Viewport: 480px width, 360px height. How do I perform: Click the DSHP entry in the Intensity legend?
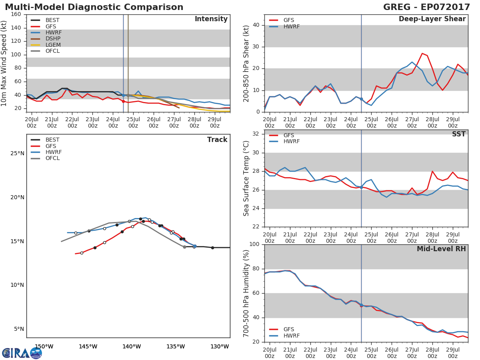point(52,39)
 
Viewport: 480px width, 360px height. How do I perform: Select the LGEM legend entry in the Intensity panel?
point(53,45)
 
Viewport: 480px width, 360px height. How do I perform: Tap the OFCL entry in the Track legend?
point(52,158)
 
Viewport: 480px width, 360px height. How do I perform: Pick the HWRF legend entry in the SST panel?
point(291,142)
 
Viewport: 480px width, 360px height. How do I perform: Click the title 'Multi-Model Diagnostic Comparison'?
point(94,7)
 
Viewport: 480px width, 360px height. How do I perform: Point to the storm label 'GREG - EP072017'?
point(426,7)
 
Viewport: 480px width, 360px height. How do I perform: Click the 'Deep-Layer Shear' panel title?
point(432,19)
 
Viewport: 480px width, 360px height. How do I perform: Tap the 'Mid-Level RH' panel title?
point(441,249)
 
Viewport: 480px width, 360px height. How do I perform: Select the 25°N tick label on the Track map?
point(17,154)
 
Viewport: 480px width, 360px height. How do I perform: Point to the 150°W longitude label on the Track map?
point(44,346)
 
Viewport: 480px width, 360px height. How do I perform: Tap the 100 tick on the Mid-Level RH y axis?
point(255,244)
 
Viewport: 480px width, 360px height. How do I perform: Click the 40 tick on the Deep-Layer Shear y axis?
point(257,25)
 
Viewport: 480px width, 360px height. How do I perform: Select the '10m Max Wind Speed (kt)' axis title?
point(4,63)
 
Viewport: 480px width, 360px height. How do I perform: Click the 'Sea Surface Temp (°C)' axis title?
point(246,178)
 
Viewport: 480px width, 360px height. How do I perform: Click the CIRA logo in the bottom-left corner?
point(22,353)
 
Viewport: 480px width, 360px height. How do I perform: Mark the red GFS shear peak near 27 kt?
point(422,53)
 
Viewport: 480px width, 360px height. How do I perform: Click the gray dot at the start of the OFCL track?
point(184,247)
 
